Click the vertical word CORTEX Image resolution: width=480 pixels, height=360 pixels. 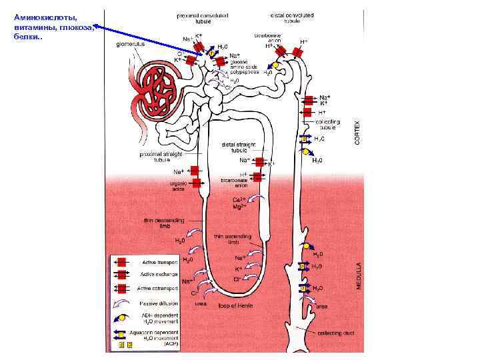coord(357,134)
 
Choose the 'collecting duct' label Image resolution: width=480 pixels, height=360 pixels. coord(335,333)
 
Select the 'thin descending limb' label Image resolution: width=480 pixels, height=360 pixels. coord(161,222)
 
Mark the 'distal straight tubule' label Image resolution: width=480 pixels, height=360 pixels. coord(238,147)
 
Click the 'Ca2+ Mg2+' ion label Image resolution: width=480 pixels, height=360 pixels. coord(239,203)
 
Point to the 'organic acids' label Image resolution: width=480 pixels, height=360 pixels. coord(178,186)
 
